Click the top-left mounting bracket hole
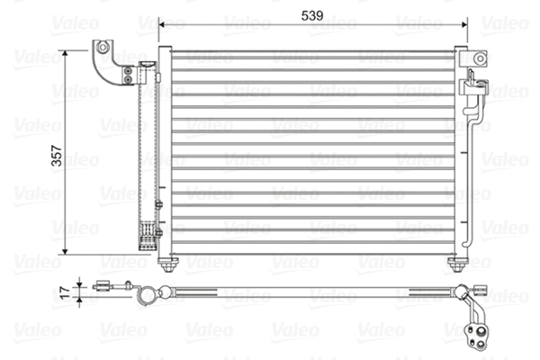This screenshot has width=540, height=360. point(104,47)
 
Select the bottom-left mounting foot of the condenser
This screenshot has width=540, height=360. point(166,264)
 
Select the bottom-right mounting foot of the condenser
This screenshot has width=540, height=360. point(458,264)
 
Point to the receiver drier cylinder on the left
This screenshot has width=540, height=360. point(141,153)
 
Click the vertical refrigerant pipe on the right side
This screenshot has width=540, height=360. point(474,180)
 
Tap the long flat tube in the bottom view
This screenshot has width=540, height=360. point(315,292)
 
